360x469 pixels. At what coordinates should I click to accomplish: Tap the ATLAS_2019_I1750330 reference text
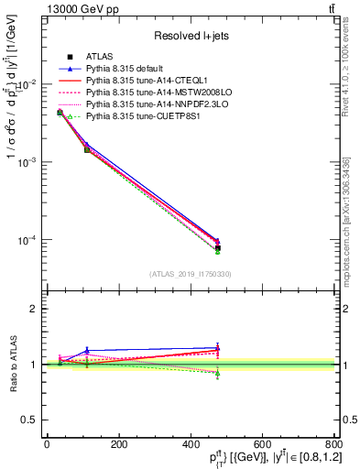[x=191, y=273]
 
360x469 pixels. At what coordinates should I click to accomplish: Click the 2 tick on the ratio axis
[x=35, y=309]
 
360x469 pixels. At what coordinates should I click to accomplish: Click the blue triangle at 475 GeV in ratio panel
[x=217, y=347]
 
